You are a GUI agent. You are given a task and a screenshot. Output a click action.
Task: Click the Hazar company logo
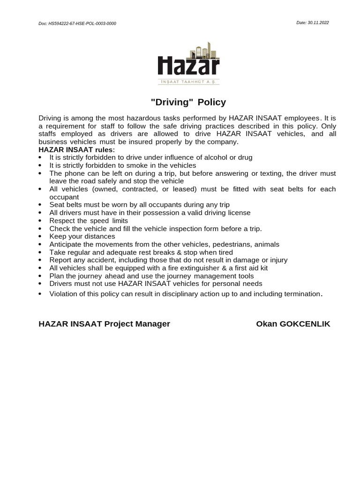pos(188,63)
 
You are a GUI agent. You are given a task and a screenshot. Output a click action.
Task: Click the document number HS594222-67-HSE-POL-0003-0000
pos(82,23)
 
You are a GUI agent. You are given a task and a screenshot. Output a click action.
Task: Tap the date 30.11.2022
pos(317,22)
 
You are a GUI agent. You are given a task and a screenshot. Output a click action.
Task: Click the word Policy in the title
pos(212,102)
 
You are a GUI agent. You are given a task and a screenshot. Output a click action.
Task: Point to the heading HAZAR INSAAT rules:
pos(76,150)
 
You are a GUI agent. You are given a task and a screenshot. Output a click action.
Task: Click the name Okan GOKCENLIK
pos(293,324)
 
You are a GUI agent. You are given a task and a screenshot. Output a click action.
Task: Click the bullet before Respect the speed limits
pos(41,221)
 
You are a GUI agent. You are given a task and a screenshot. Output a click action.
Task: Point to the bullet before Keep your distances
pos(41,237)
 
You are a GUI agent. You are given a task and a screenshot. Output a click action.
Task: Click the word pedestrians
pos(233,244)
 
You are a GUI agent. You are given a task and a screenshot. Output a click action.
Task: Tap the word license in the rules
pos(238,213)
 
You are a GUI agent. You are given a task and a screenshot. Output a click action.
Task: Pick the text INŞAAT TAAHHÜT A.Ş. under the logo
pos(188,82)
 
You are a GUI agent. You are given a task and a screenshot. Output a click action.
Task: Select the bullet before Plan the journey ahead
pos(41,276)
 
